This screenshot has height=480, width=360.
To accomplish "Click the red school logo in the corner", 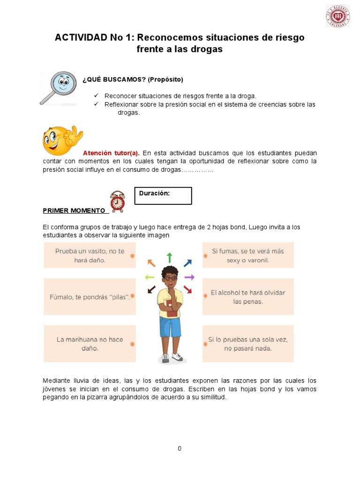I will pos(337,16).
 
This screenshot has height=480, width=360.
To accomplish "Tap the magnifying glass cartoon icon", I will pos(58,87).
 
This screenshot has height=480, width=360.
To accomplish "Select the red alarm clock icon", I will pos(118,202).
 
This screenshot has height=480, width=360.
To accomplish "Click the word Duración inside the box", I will pos(154,193).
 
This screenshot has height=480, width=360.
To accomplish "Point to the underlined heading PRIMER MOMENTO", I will pos(74,210).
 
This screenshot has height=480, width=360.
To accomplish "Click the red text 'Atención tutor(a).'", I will pos(111,153).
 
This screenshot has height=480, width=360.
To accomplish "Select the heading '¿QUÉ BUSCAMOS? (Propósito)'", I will pos(133,79).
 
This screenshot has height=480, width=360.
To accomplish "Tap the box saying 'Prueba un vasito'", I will pos(90,255).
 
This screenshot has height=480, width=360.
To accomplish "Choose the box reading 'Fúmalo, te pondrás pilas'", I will pos(90,297).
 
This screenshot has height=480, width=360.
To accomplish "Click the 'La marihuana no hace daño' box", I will pos(90,344).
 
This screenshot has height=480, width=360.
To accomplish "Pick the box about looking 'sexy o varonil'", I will pos(248,255).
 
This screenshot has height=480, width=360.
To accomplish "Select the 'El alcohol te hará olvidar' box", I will pos(248,297).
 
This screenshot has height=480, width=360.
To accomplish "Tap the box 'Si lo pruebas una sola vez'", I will pos(248,344).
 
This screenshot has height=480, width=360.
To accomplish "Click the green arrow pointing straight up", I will pos(169,257).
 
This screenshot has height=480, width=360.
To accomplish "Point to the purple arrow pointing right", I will pos(189,277).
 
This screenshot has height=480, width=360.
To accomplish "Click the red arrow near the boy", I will pos(187,290).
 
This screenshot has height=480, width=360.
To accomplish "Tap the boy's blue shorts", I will pos(170,327).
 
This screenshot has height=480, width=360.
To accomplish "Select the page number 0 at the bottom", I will pos(180,449).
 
